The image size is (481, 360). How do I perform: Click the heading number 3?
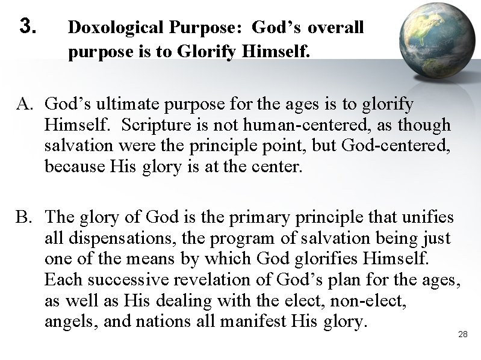pos(29,26)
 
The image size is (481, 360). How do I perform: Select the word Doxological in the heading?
pos(108,28)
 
